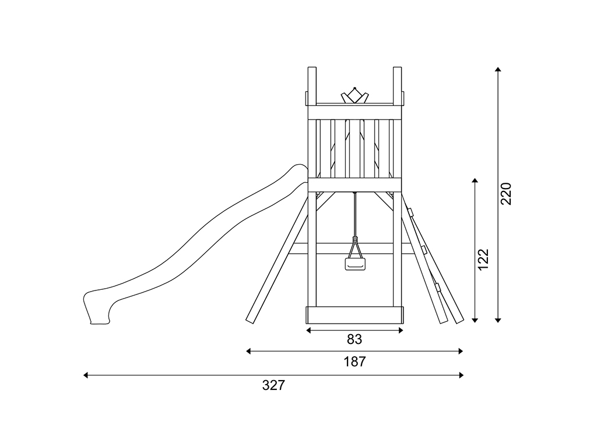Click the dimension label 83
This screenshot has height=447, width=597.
pyautogui.click(x=354, y=339)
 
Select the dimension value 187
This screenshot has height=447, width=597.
pyautogui.click(x=354, y=362)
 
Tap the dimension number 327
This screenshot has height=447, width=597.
pyautogui.click(x=273, y=385)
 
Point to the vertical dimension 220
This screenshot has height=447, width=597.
pyautogui.click(x=506, y=194)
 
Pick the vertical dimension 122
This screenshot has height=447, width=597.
pyautogui.click(x=483, y=260)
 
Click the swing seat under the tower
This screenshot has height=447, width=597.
pyautogui.click(x=355, y=264)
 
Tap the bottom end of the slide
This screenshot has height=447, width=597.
pyautogui.click(x=100, y=322)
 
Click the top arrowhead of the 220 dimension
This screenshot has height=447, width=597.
pyautogui.click(x=498, y=69)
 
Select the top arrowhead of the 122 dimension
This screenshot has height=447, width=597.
pyautogui.click(x=475, y=180)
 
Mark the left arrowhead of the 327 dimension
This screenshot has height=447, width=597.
pyautogui.click(x=86, y=375)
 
